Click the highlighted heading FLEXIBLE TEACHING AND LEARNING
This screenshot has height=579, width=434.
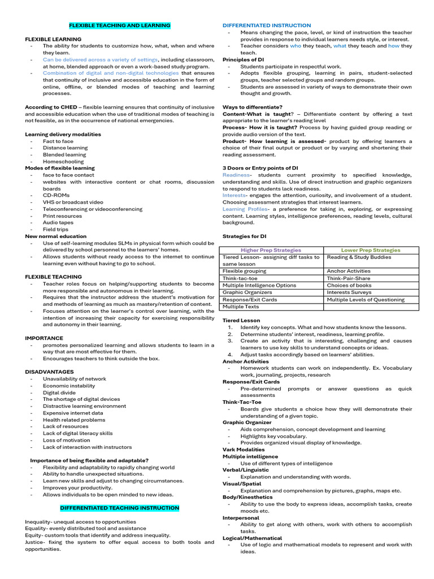click(119, 25)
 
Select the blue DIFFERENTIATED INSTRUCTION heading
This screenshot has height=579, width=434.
click(267, 25)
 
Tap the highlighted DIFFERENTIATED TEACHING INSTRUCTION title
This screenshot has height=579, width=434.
click(119, 508)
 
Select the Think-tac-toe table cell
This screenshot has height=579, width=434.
click(240, 278)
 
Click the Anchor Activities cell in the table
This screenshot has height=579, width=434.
click(348, 271)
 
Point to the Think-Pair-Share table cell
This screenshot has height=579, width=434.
click(349, 278)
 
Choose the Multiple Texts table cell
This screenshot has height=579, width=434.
click(241, 306)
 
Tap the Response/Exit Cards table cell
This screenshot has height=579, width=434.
click(250, 300)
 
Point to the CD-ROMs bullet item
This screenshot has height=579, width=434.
click(57, 195)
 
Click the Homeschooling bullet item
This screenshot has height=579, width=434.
click(63, 161)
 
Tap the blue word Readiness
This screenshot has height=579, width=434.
click(236, 175)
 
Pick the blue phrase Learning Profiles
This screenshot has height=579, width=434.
click(245, 209)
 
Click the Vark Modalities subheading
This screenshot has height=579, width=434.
click(244, 450)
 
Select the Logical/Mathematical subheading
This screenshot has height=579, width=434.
click(250, 538)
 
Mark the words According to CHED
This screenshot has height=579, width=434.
click(51, 107)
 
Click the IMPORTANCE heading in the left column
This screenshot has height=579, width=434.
click(44, 338)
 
